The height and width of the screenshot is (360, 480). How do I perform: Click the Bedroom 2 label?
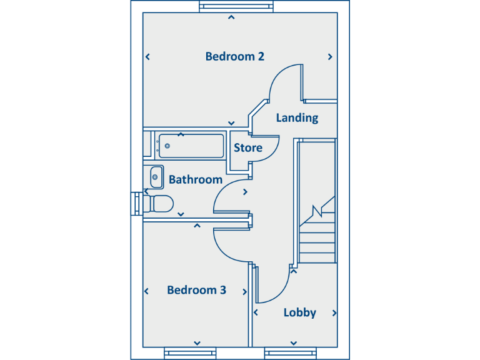click(234, 56)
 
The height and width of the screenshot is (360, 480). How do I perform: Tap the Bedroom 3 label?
click(196, 290)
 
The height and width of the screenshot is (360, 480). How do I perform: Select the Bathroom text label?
click(196, 179)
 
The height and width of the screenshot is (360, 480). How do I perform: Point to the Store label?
click(248, 148)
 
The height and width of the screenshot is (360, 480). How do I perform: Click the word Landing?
click(297, 117)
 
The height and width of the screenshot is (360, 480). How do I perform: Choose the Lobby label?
click(300, 312)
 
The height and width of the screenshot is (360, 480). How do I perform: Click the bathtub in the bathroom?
click(191, 146)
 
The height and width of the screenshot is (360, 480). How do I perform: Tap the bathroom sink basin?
click(156, 177)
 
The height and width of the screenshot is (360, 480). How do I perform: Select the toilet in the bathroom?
click(161, 204)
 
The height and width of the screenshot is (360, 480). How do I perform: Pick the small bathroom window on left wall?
click(136, 204)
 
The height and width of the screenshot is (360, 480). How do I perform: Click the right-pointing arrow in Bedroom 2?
click(330, 57)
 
